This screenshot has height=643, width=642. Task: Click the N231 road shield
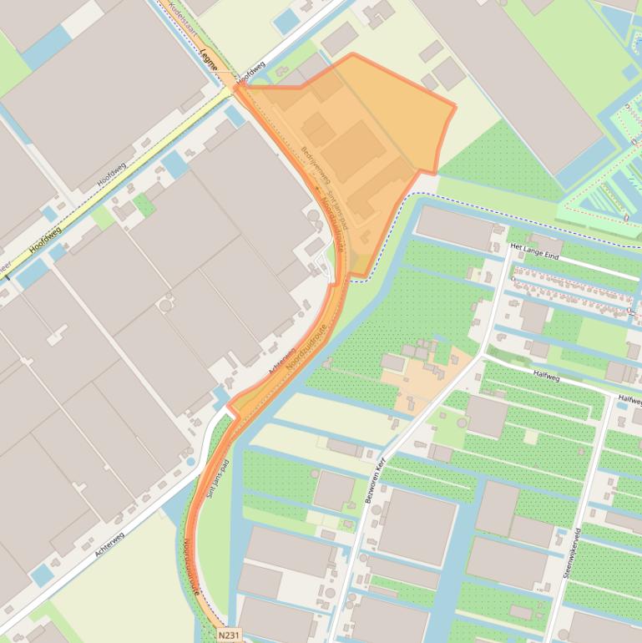coord(228,635)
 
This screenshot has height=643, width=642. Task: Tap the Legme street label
coord(209,59)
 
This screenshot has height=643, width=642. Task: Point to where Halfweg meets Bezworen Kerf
coord(483,357)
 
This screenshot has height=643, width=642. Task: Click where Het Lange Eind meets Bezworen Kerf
coord(508,248)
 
